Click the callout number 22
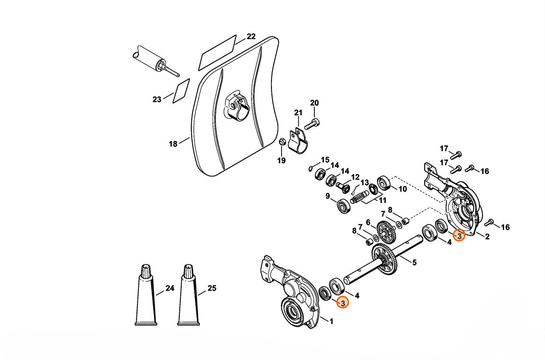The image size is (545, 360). pos(251,37)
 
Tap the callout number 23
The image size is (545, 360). pos(157,100)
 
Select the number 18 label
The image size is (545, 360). pos(173,144)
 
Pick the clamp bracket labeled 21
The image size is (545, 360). pos(298,139)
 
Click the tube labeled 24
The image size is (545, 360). pos(146,295)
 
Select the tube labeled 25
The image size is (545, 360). pos(189,295)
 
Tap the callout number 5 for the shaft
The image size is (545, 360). pos(414,263)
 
